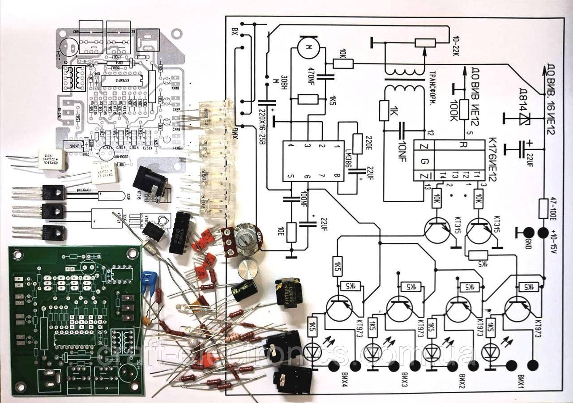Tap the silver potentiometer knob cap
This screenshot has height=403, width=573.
(247, 269)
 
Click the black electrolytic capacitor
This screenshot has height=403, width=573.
(244, 290)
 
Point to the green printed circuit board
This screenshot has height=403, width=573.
(74, 320)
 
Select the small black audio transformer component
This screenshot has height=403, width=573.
(288, 291)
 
